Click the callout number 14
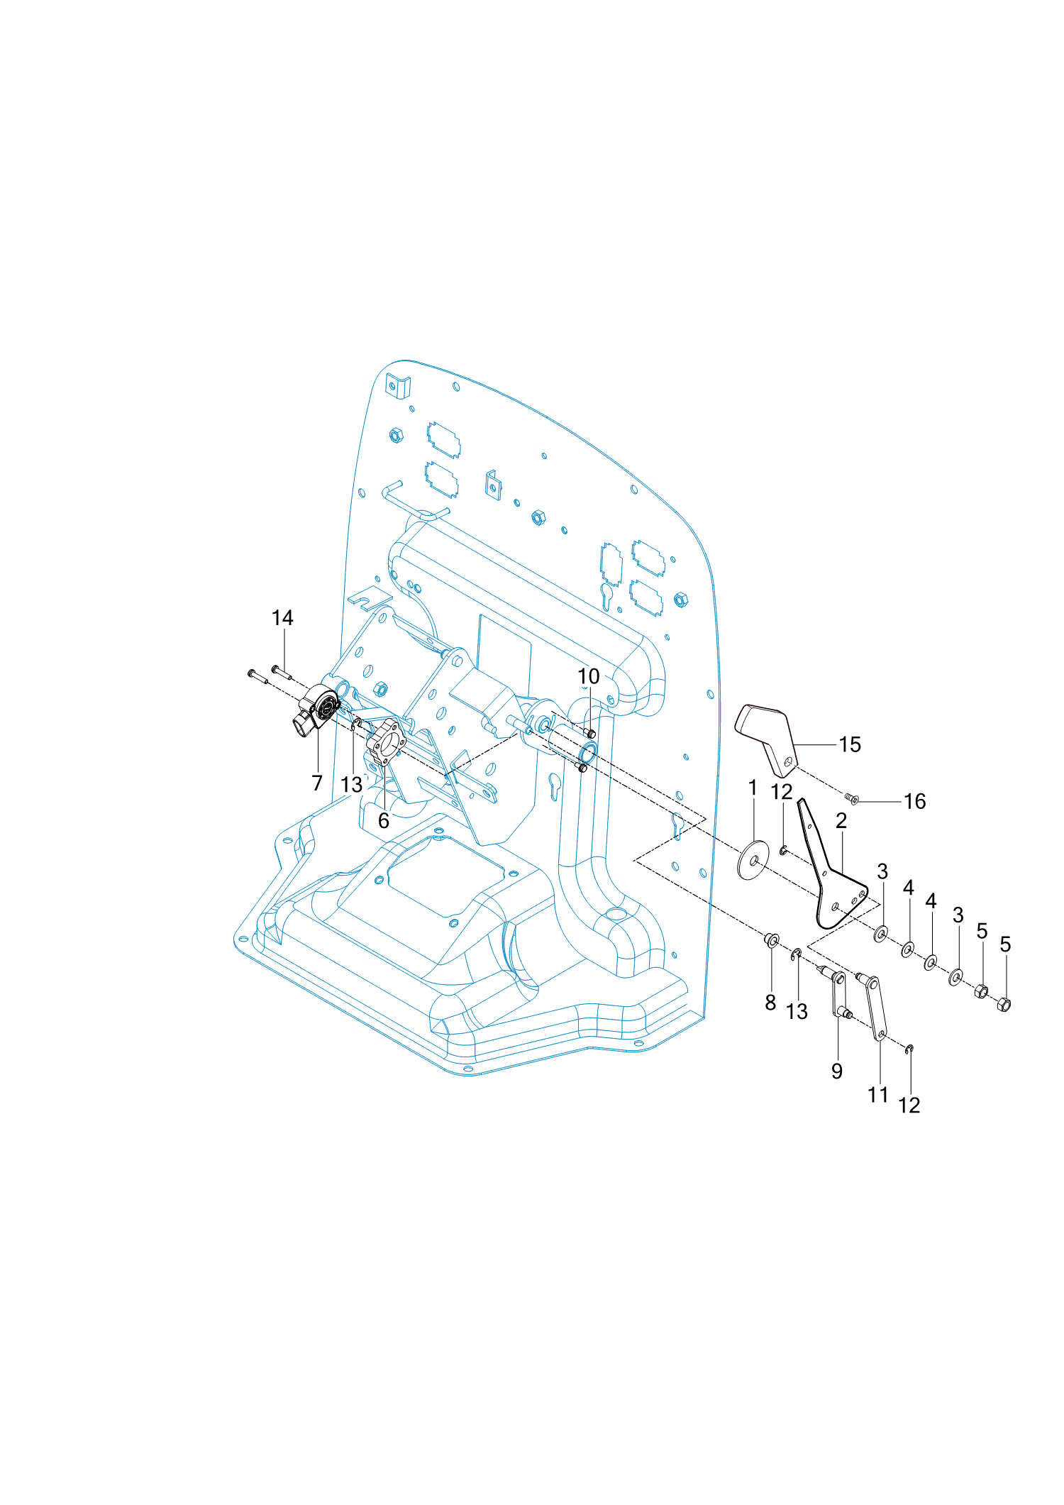[x=282, y=618]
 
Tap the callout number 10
[x=589, y=676]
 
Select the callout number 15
[x=850, y=744]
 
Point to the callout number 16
[x=915, y=801]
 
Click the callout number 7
[x=317, y=783]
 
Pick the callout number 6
[x=384, y=821]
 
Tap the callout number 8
[x=770, y=1003]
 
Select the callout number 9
[x=837, y=1071]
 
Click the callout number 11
[x=878, y=1095]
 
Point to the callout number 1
[x=753, y=788]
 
